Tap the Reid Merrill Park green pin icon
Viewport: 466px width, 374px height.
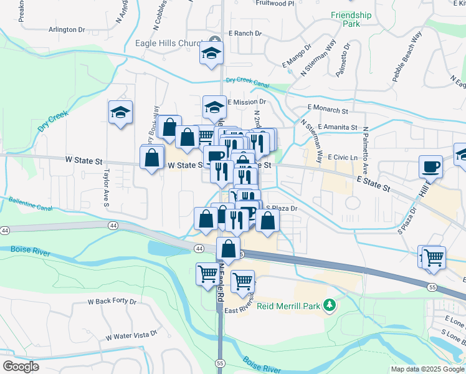coord(331,305)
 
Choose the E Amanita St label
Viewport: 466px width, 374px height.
coord(337,127)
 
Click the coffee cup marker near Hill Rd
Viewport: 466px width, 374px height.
coord(430,166)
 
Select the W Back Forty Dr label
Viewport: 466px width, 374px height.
coord(112,302)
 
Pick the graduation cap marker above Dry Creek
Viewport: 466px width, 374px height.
coord(120,112)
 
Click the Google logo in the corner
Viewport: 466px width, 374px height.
coord(21,366)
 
